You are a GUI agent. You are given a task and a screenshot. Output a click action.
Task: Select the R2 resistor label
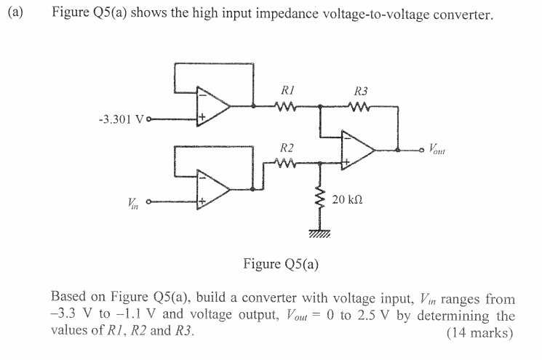(x=286, y=149)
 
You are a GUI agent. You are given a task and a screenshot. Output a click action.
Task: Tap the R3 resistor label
(x=360, y=92)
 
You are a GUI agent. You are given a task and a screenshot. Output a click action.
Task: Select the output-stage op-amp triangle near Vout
(x=357, y=151)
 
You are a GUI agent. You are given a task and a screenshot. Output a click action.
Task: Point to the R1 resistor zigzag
(x=284, y=107)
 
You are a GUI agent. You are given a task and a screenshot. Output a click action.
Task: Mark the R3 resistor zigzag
(x=360, y=107)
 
